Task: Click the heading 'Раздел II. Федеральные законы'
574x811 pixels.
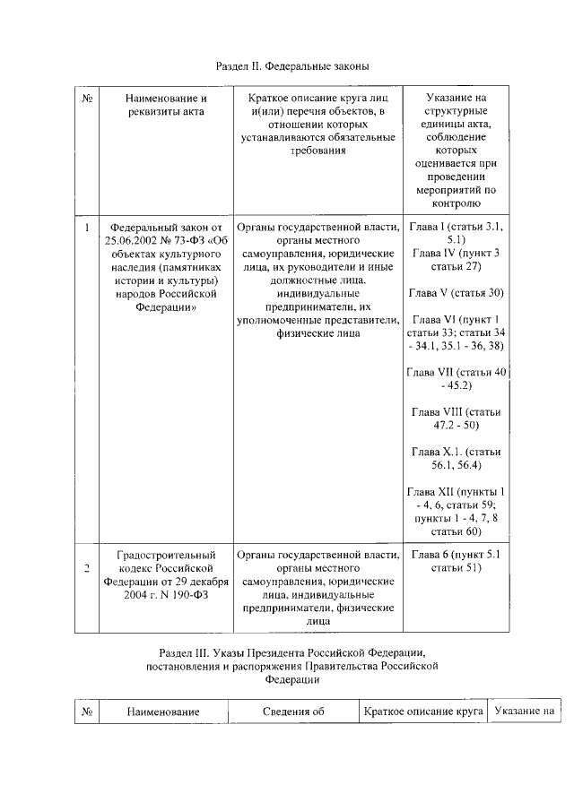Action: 293,66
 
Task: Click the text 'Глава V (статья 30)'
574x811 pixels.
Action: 456,293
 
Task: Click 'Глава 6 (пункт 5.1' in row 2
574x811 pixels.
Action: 456,555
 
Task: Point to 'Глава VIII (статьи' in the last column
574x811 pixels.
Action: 456,411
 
